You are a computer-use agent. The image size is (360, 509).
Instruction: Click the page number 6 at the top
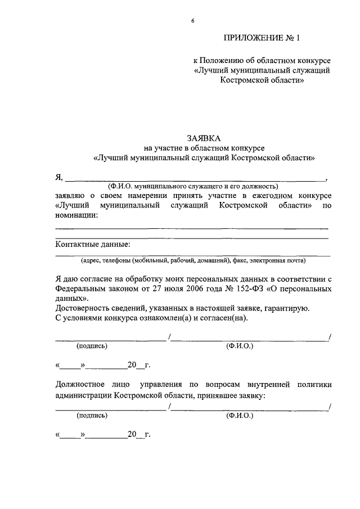click(192, 21)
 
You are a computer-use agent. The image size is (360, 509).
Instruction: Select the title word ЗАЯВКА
click(204, 138)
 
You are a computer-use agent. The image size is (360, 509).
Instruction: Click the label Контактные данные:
click(92, 244)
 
